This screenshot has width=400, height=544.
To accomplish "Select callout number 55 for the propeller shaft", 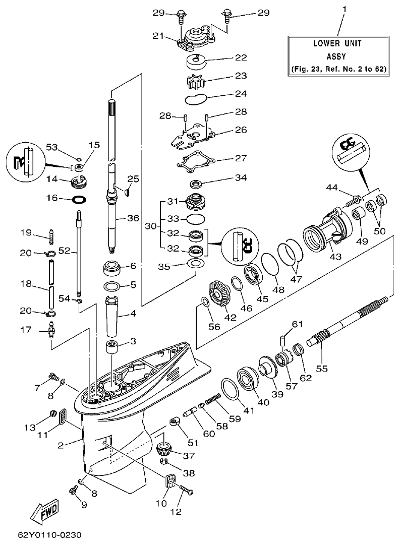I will point(321,369).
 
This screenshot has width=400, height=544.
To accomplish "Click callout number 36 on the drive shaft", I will point(133,218).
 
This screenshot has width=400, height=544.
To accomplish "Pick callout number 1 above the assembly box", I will point(345,9).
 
